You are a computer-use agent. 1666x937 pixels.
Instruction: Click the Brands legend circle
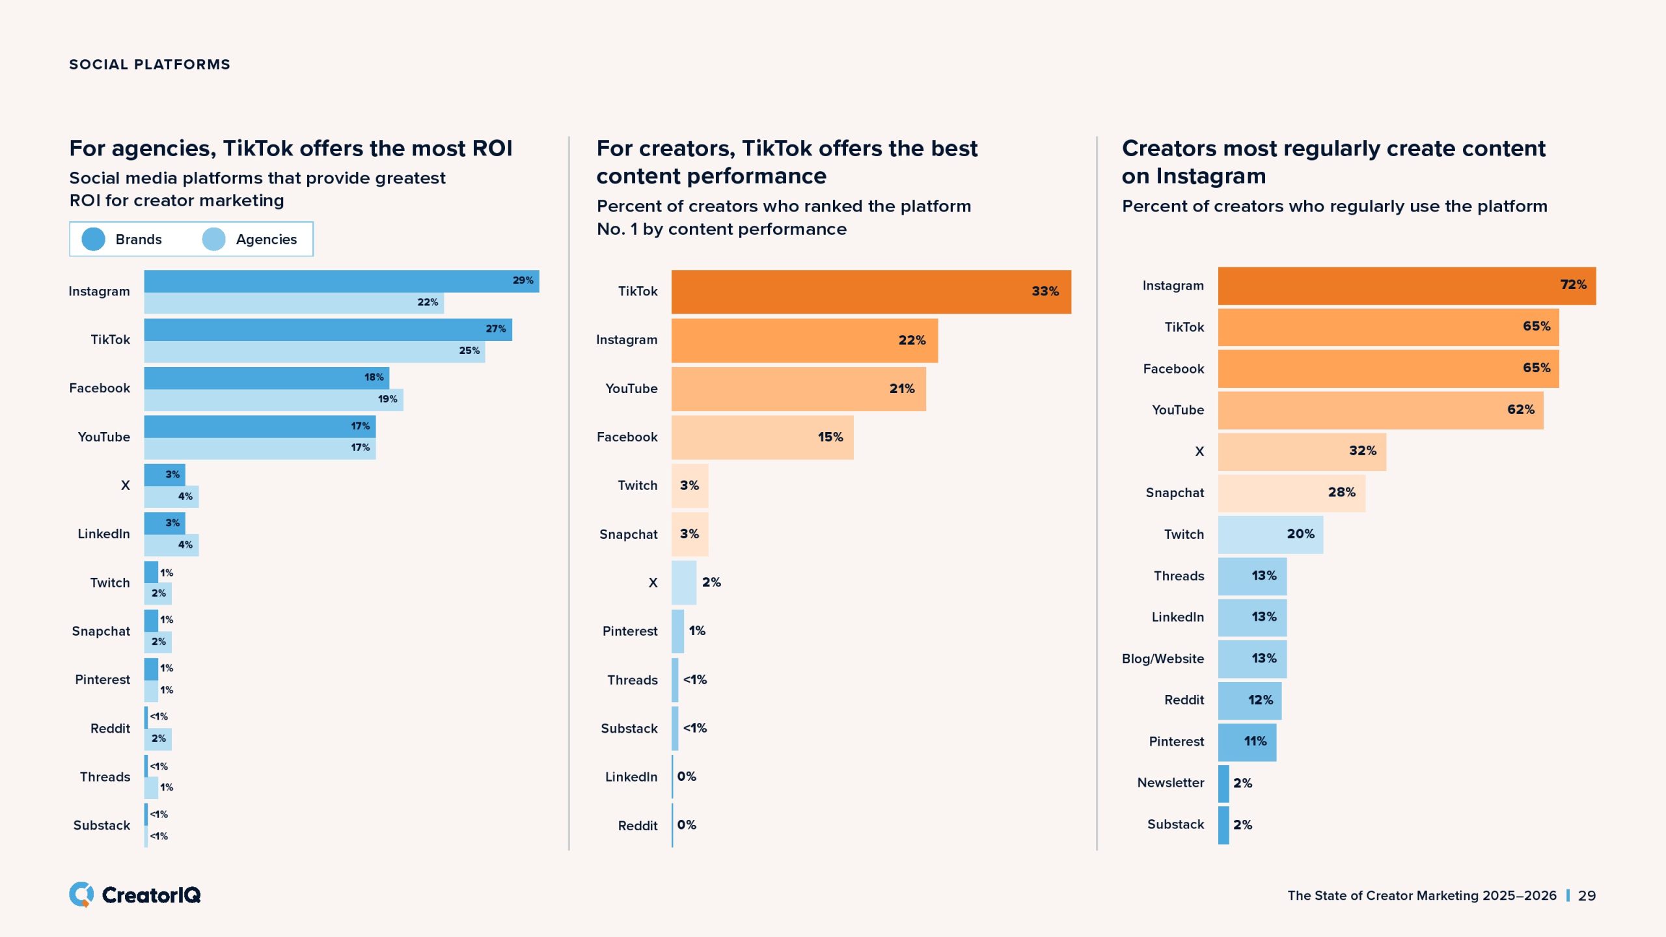(x=93, y=239)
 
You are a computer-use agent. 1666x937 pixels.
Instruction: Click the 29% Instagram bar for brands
(x=341, y=281)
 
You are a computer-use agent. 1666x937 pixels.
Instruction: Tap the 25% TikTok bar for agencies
(x=314, y=351)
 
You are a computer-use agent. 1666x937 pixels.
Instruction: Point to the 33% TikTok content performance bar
(x=871, y=292)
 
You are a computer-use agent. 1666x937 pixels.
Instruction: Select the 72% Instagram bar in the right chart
(x=1406, y=286)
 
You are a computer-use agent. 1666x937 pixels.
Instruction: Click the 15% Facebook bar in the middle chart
(x=762, y=437)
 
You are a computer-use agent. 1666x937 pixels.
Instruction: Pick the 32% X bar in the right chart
(x=1302, y=452)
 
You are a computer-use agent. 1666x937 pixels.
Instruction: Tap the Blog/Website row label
(x=1162, y=659)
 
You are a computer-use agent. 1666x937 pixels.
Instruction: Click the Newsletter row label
(x=1170, y=783)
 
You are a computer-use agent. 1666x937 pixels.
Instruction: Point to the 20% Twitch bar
(x=1270, y=534)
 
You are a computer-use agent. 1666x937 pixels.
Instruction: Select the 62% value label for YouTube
(x=1520, y=410)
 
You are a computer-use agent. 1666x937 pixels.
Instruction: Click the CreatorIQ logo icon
(x=82, y=895)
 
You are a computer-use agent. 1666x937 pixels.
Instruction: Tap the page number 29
(x=1587, y=895)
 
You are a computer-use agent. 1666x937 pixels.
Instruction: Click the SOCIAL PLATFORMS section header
(x=150, y=64)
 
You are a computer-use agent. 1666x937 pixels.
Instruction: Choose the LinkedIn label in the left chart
(x=103, y=534)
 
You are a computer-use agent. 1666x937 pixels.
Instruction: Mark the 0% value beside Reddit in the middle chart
(x=687, y=825)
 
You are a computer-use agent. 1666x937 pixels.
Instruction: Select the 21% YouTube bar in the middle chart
(x=799, y=389)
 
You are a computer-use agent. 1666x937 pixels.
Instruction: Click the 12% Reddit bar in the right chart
(x=1249, y=700)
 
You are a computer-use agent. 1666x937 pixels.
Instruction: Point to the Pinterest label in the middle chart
(x=629, y=631)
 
